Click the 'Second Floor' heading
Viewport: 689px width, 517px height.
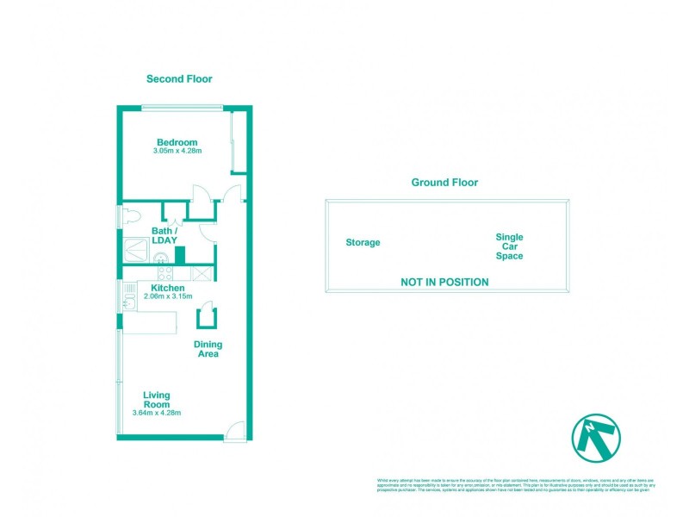pyautogui.click(x=179, y=78)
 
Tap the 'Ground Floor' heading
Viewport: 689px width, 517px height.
pyautogui.click(x=444, y=183)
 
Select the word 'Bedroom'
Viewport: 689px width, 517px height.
pyautogui.click(x=177, y=142)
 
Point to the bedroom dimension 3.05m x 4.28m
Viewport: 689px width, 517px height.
pyautogui.click(x=177, y=152)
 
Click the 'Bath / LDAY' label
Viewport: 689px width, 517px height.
pyautogui.click(x=164, y=235)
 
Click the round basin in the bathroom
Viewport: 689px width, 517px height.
pyautogui.click(x=159, y=255)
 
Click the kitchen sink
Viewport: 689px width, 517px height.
pyautogui.click(x=129, y=302)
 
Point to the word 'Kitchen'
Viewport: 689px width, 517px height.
pyautogui.click(x=167, y=287)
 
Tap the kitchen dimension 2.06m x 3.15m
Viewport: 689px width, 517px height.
pyautogui.click(x=167, y=296)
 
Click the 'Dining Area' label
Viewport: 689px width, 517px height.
pyautogui.click(x=207, y=349)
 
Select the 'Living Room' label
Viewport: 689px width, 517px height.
pyautogui.click(x=156, y=400)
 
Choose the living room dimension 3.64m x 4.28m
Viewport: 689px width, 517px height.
pyautogui.click(x=156, y=413)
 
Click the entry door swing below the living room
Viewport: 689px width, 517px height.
pyautogui.click(x=236, y=430)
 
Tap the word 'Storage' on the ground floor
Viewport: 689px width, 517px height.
pyautogui.click(x=363, y=243)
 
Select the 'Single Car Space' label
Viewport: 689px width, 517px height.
pyautogui.click(x=509, y=246)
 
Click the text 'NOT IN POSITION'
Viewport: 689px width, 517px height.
pyautogui.click(x=444, y=282)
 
